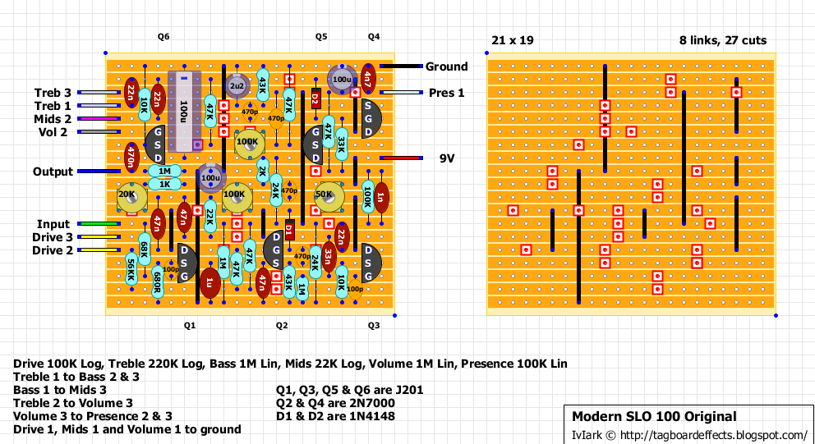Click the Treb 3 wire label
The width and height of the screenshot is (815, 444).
coord(53,93)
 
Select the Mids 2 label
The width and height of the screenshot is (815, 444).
coord(53,119)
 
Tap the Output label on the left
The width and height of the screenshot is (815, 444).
coord(53,172)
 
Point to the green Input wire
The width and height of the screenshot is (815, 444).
coord(99,224)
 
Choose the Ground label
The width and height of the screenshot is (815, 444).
coord(446,66)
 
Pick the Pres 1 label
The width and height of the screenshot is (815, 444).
coord(446,93)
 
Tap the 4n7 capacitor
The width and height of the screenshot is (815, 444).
coord(368,80)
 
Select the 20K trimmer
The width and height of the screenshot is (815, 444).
coord(131,195)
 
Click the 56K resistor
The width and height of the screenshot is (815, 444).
coord(131,271)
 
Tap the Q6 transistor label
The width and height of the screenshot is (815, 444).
coord(163,37)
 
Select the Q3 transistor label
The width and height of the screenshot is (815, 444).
coord(374,325)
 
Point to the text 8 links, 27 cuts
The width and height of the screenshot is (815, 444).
coord(723,39)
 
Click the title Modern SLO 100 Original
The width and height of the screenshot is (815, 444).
coord(654,416)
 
